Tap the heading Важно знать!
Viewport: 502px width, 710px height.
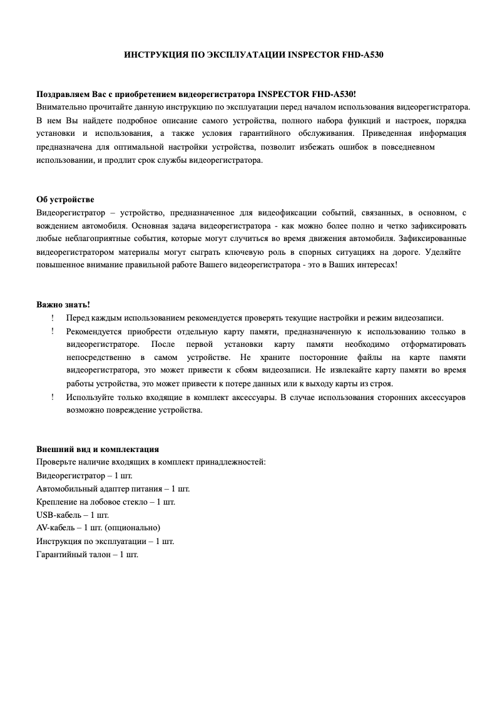click(63, 304)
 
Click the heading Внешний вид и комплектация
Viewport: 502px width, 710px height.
click(98, 449)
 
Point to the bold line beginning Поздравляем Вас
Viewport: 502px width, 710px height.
click(197, 94)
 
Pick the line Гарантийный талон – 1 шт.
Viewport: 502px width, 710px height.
click(87, 554)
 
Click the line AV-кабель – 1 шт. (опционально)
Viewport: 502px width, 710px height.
click(98, 528)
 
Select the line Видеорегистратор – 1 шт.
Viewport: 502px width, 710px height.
click(85, 475)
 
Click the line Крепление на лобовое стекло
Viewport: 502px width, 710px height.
click(106, 502)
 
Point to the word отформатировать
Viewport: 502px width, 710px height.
click(433, 344)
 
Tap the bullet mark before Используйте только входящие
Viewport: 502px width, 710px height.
click(53, 397)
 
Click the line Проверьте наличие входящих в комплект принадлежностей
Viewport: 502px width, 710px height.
click(151, 462)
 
